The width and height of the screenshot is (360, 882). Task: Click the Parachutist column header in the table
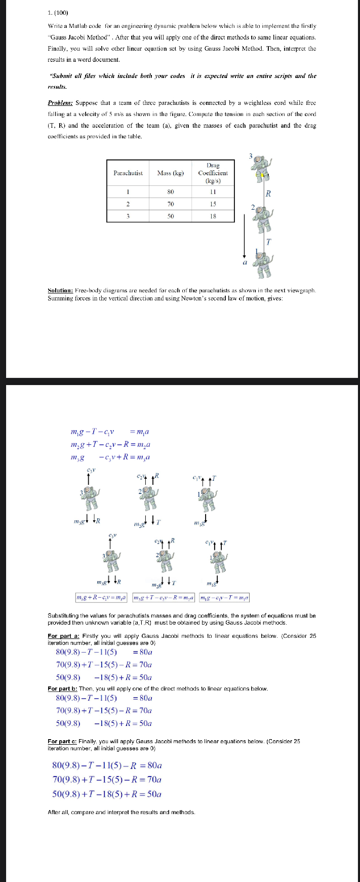tap(128, 173)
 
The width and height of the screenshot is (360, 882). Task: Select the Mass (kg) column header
tap(170, 173)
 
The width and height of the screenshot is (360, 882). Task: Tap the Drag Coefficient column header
tap(213, 173)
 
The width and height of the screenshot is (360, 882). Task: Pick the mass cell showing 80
tap(170, 192)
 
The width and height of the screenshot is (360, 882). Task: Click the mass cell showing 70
tap(170, 204)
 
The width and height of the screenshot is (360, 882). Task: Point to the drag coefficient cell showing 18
tap(213, 216)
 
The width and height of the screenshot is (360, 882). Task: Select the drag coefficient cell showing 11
tap(213, 192)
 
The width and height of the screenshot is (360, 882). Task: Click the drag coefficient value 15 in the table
tap(213, 204)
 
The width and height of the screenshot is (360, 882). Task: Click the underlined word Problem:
tap(60, 102)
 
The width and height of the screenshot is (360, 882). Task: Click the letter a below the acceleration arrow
tap(245, 263)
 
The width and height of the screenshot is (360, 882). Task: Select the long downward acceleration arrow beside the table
tap(245, 235)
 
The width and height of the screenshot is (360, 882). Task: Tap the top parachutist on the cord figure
tap(261, 167)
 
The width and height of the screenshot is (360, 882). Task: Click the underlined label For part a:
tap(64, 636)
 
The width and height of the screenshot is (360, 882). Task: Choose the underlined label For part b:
tap(64, 688)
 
